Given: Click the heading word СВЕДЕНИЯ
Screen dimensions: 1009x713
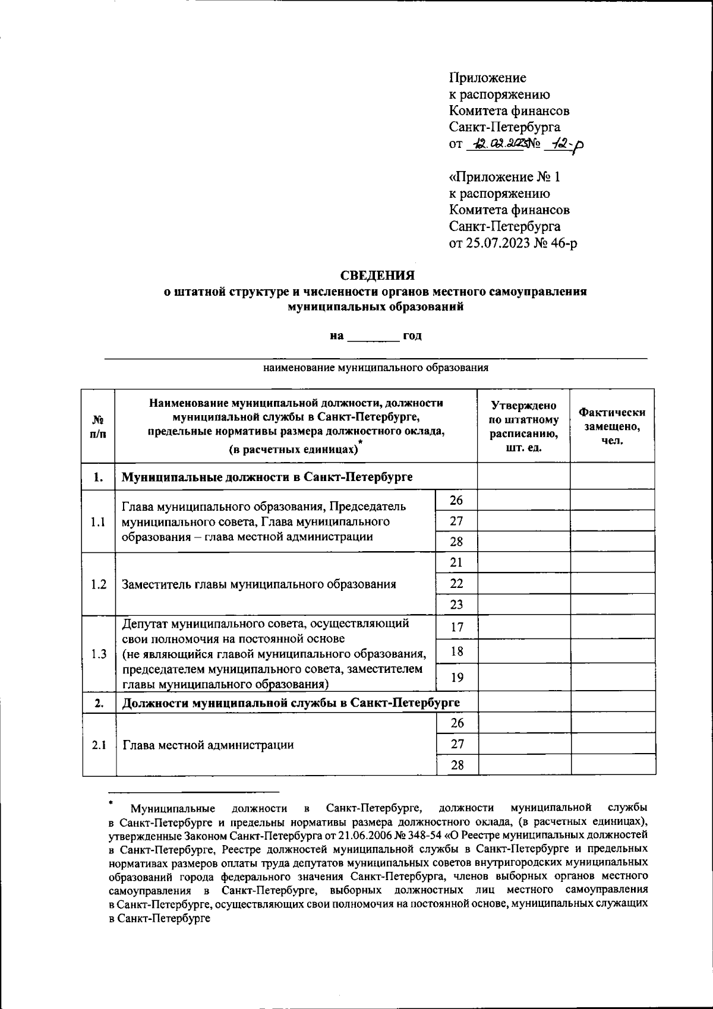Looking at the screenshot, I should click(x=377, y=276).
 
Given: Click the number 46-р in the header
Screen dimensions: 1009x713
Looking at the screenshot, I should click(x=564, y=243).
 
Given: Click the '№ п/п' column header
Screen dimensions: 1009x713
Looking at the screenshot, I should click(x=98, y=426).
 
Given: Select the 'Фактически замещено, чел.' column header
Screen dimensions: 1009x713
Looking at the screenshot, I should click(x=612, y=426).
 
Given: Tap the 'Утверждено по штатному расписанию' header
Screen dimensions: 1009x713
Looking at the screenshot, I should click(x=523, y=426).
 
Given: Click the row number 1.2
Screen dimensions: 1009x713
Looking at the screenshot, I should click(x=99, y=584).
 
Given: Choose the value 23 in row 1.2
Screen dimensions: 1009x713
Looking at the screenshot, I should click(x=456, y=605).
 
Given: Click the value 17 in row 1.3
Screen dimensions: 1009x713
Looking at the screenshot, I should click(x=456, y=627).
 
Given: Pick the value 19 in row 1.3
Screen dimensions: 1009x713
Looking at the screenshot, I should click(x=456, y=677).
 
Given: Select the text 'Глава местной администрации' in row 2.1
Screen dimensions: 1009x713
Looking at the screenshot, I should click(x=207, y=745).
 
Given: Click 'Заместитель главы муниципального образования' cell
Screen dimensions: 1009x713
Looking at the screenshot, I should click(x=258, y=584).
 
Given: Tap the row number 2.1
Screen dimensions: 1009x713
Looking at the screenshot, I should click(x=99, y=745).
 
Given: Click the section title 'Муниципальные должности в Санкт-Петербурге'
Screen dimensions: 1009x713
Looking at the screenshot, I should click(x=267, y=477).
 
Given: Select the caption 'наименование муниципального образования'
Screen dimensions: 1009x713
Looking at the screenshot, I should click(x=376, y=368).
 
